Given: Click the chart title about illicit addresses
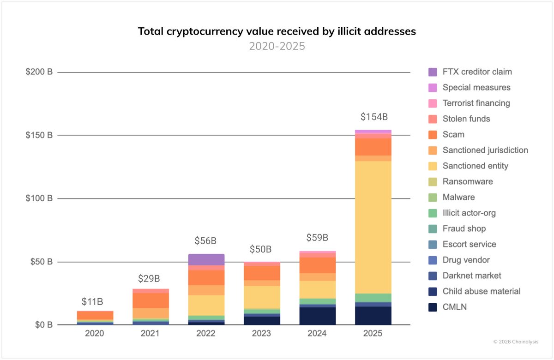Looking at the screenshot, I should tap(277, 31).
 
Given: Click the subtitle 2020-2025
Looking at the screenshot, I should tap(277, 47).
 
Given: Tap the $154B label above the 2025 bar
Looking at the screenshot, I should tap(373, 117).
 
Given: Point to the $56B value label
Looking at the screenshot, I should tap(206, 241).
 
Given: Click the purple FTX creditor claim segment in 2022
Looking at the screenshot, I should tap(206, 259).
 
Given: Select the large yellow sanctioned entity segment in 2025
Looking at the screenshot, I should tap(373, 226).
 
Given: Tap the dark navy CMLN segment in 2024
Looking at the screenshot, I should tap(317, 316).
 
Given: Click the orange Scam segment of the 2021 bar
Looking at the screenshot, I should tap(151, 300).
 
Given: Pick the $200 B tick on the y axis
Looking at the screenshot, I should tap(40, 72).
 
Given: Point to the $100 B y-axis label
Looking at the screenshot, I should tap(40, 198).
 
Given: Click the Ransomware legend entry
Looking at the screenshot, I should tap(467, 181).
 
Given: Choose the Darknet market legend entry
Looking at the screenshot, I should tap(471, 276).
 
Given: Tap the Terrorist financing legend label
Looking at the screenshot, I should tap(476, 103).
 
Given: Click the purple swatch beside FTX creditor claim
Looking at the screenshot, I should tap(433, 72).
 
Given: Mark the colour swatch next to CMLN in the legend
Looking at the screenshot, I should tap(433, 307).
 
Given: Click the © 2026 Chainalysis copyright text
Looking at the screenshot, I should tap(515, 342).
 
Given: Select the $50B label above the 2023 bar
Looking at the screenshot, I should tap(262, 250).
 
